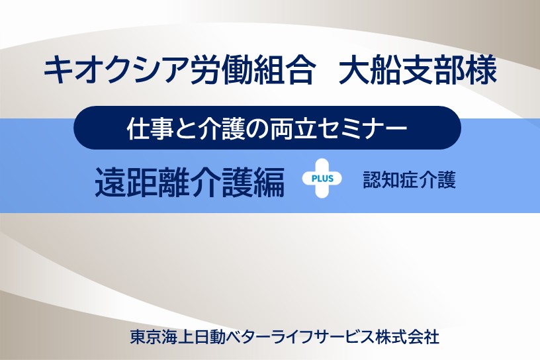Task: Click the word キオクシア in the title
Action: (116, 71)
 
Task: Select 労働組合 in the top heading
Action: (252, 71)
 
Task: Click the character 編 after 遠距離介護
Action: (269, 182)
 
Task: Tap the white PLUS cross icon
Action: (322, 178)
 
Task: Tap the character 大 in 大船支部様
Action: (354, 71)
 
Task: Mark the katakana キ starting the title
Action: (58, 71)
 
